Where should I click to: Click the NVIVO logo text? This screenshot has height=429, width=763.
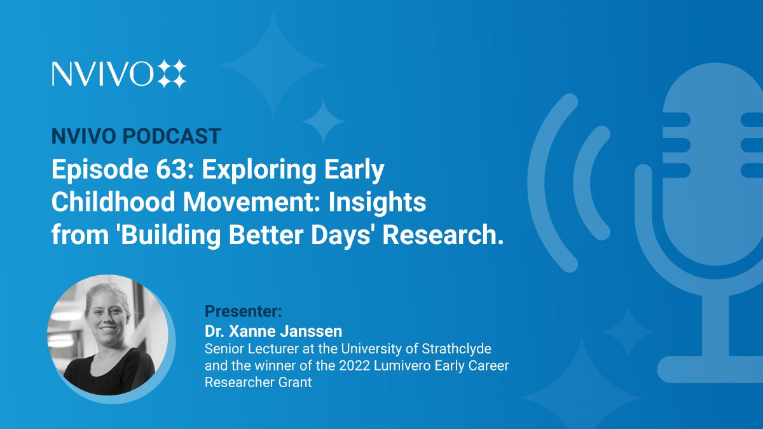[102, 74]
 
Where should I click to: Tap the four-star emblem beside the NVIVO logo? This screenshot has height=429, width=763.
[172, 74]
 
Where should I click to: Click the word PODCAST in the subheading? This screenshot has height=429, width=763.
[172, 136]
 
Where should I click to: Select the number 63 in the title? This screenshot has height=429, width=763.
[170, 169]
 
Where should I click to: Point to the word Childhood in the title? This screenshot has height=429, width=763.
[113, 201]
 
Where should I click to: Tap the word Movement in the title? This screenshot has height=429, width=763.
[252, 201]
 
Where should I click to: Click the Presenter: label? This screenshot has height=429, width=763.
[243, 311]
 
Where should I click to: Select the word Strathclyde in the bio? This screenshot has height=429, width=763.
[457, 349]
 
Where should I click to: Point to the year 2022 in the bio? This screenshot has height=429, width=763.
[354, 365]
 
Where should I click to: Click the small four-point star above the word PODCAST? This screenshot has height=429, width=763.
[323, 121]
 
